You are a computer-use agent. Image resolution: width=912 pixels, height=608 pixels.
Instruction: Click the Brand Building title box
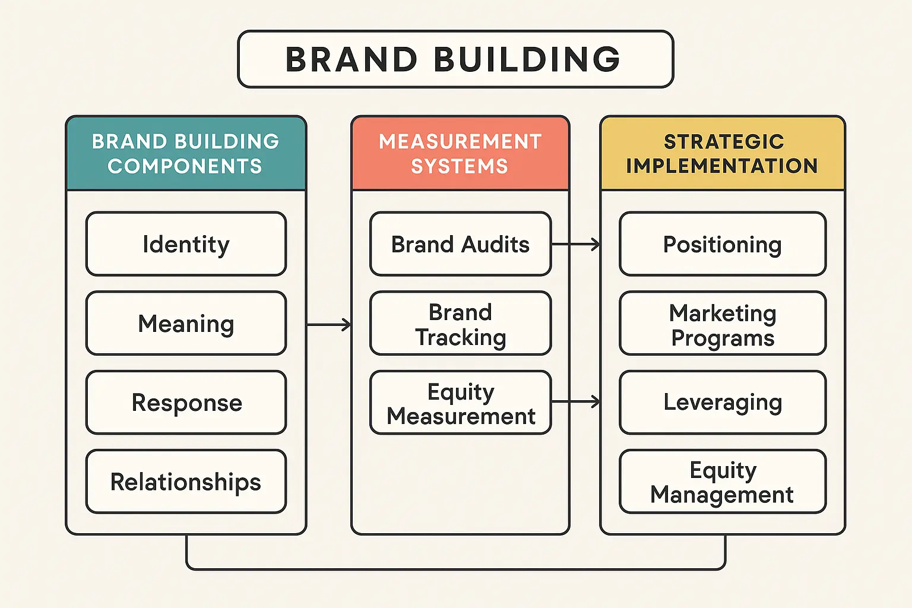pyautogui.click(x=455, y=59)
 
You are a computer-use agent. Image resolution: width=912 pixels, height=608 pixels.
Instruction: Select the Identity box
pyautogui.click(x=186, y=244)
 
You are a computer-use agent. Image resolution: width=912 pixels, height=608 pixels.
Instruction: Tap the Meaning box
pyautogui.click(x=186, y=324)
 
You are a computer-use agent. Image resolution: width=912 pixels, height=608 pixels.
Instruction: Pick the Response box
pyautogui.click(x=186, y=403)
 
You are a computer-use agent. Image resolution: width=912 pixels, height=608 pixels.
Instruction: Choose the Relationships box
pyautogui.click(x=186, y=482)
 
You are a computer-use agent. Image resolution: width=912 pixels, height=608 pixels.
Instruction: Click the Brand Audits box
pyautogui.click(x=460, y=244)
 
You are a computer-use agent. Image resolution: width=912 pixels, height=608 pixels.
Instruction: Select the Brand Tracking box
pyautogui.click(x=460, y=324)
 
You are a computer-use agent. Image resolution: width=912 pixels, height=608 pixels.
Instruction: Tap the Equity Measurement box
pyautogui.click(x=460, y=403)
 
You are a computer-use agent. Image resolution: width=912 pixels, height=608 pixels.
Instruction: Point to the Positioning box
pyautogui.click(x=723, y=244)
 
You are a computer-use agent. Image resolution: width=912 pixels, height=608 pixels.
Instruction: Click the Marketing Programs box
pyautogui.click(x=723, y=324)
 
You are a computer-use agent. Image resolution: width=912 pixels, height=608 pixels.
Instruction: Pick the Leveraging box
pyautogui.click(x=723, y=403)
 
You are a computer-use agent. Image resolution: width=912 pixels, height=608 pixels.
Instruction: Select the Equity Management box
pyautogui.click(x=723, y=482)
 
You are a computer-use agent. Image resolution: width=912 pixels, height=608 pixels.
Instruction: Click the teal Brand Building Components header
pyautogui.click(x=186, y=153)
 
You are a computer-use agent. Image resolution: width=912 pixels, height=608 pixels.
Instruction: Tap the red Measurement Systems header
pyautogui.click(x=460, y=153)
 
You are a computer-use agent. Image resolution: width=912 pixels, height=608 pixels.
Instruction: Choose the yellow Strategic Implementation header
pyautogui.click(x=723, y=153)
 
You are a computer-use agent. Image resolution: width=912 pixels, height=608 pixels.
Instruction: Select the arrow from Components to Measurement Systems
pyautogui.click(x=329, y=324)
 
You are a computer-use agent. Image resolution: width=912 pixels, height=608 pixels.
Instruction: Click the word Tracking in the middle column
pyautogui.click(x=461, y=337)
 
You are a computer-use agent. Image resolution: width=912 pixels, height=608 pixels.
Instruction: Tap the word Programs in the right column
pyautogui.click(x=723, y=338)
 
